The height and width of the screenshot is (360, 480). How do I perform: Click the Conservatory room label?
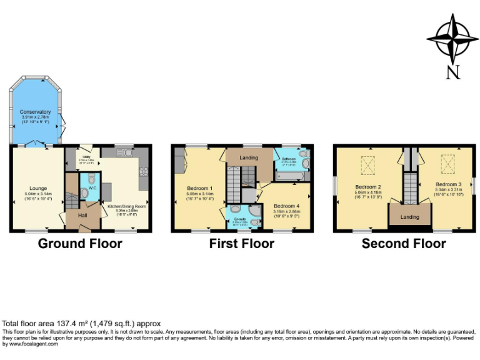pyautogui.click(x=36, y=112)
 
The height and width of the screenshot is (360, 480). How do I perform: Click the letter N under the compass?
pyautogui.click(x=453, y=72)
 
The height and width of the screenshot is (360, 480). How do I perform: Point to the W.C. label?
pyautogui.click(x=92, y=187)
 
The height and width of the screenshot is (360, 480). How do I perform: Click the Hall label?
pyautogui.click(x=83, y=216)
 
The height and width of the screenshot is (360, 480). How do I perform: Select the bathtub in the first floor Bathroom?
pyautogui.click(x=289, y=177)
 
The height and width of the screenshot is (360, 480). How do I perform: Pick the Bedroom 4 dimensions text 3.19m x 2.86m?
pyautogui.click(x=287, y=211)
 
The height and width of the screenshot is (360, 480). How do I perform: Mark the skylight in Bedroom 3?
pyautogui.click(x=448, y=164)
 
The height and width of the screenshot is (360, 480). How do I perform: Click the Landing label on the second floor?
pyautogui.click(x=409, y=217)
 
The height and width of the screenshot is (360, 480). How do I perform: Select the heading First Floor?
pyautogui.click(x=241, y=244)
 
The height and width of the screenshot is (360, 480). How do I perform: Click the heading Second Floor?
pyautogui.click(x=404, y=244)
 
